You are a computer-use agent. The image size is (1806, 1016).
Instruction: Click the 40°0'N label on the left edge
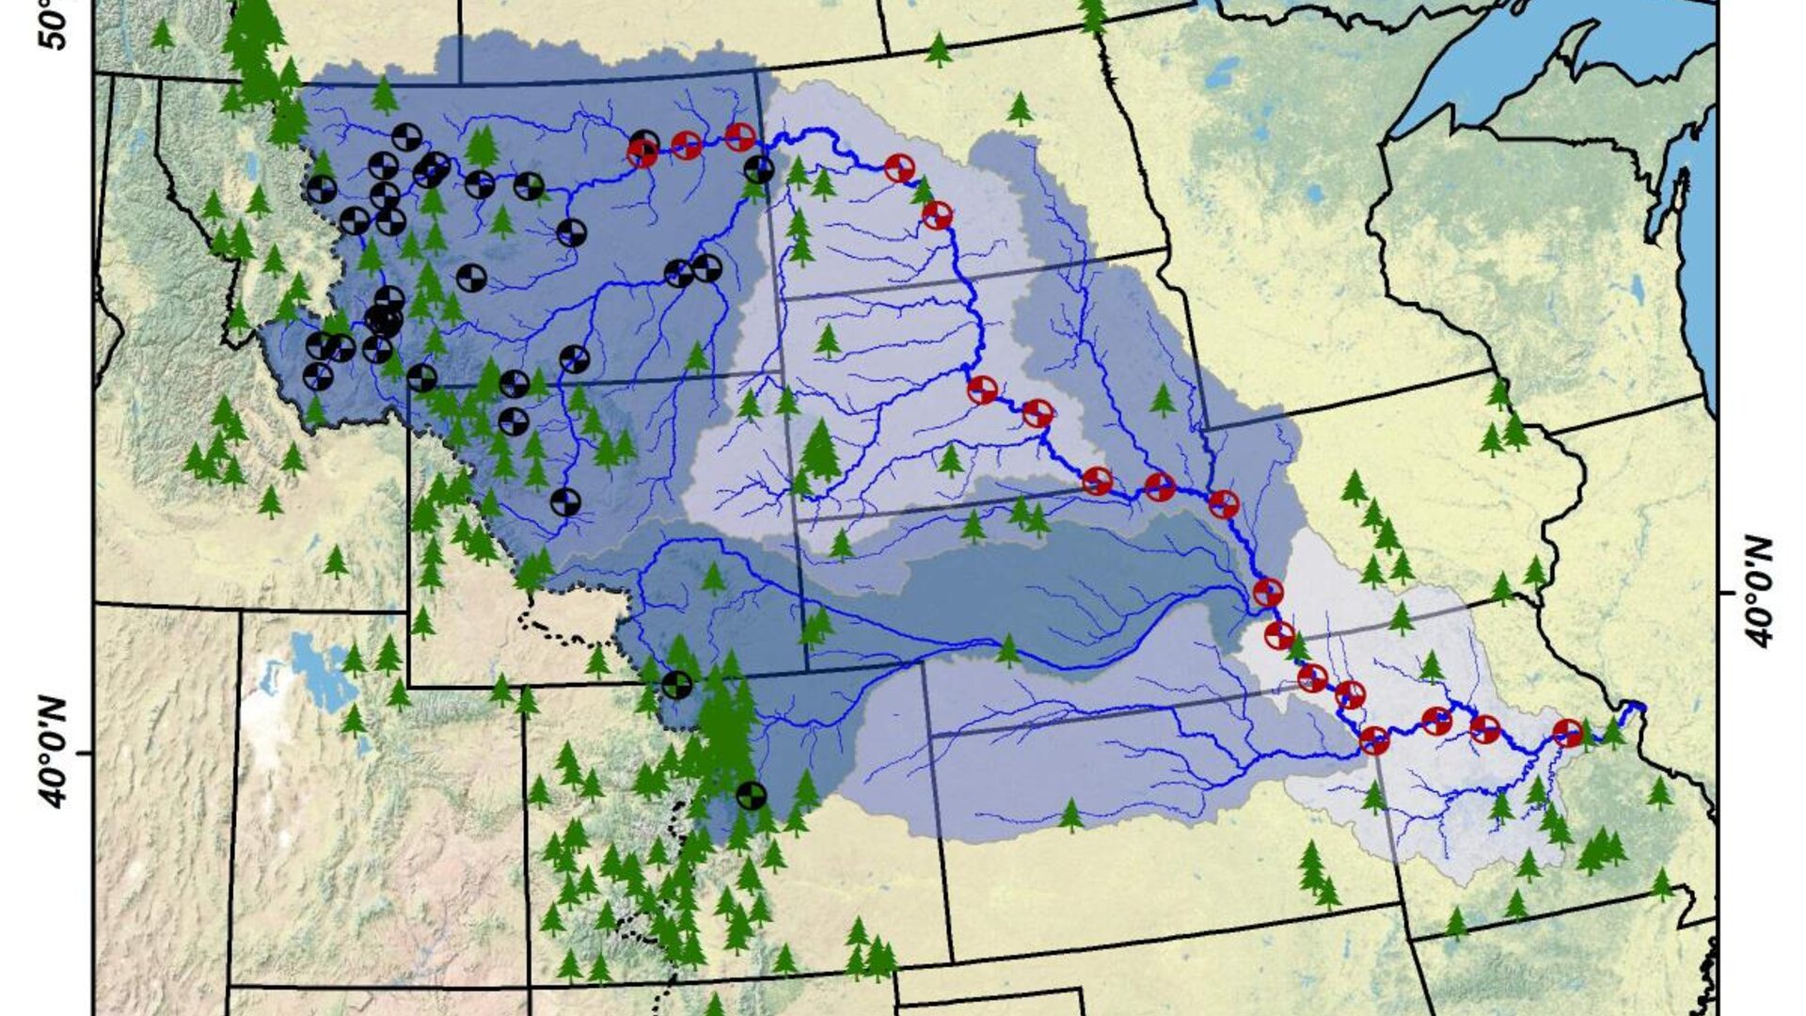[55, 754]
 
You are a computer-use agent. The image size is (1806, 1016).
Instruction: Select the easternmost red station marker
[1567, 732]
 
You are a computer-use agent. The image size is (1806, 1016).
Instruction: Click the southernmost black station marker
[750, 796]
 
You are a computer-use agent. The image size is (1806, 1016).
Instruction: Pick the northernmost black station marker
[405, 137]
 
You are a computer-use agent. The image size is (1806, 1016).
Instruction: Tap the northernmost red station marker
[740, 136]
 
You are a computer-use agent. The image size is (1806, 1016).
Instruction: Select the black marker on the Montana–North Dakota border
[759, 170]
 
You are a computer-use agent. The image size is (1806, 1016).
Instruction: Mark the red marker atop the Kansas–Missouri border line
[1374, 740]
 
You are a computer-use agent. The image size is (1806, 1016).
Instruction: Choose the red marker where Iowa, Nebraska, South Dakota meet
[1223, 504]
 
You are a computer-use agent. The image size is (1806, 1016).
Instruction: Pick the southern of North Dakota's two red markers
[937, 215]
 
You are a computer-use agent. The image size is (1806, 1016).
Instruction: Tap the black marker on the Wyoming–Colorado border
[676, 684]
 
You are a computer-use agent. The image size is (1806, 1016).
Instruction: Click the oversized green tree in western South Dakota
[821, 451]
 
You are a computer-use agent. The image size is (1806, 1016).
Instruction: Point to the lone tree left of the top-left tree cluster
[163, 35]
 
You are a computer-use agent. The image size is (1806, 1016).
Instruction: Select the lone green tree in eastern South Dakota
[1163, 399]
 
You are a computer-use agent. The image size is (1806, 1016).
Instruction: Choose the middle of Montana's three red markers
[687, 146]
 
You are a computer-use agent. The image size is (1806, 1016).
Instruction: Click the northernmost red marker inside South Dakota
[982, 389]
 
